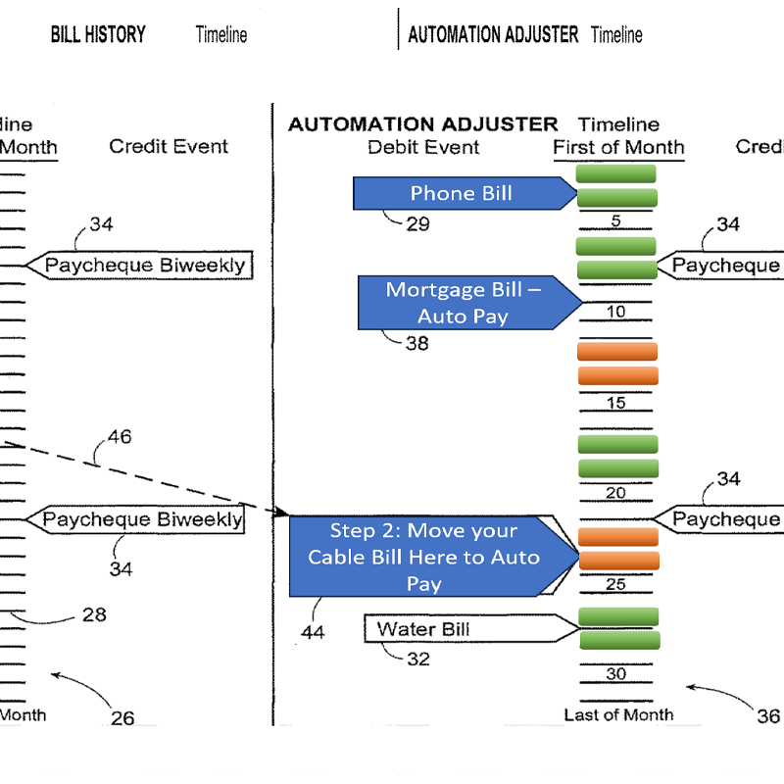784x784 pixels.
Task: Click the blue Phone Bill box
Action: click(x=461, y=193)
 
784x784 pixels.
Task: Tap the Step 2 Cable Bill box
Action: click(x=424, y=557)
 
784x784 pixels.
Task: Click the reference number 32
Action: click(x=417, y=660)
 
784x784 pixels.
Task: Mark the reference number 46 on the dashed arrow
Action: click(x=120, y=437)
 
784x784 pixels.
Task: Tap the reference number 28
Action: click(x=94, y=614)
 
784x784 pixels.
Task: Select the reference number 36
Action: click(x=768, y=716)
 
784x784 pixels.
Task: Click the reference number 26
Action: click(x=122, y=718)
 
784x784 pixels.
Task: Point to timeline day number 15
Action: click(x=615, y=403)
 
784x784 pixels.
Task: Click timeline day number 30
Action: click(x=615, y=674)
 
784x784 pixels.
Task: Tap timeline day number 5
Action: click(x=615, y=221)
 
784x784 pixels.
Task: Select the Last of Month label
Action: click(x=618, y=714)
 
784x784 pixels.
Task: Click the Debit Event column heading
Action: click(x=423, y=147)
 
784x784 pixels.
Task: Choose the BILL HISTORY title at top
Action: click(x=98, y=35)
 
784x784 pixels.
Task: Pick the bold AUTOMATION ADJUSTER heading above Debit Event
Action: click(x=422, y=124)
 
